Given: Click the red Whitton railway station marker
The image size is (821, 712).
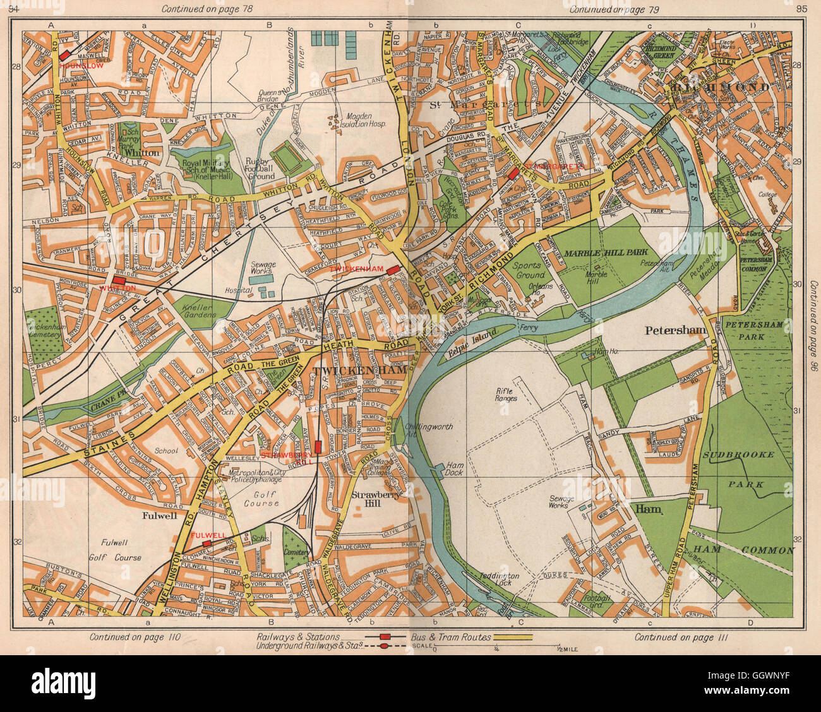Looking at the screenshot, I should [119, 280].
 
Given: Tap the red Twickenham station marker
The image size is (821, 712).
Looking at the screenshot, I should [393, 270].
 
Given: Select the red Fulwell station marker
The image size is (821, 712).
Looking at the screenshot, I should [207, 543].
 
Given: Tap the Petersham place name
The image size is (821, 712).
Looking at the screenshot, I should [674, 329].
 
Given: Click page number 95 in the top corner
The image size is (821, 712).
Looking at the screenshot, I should [802, 8].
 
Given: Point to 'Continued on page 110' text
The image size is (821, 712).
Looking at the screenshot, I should [135, 638].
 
